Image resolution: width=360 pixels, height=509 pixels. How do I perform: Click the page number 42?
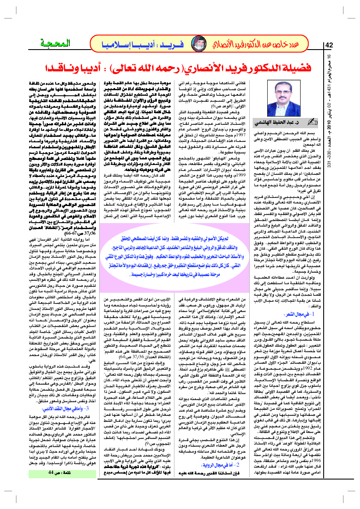coord(330,45)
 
